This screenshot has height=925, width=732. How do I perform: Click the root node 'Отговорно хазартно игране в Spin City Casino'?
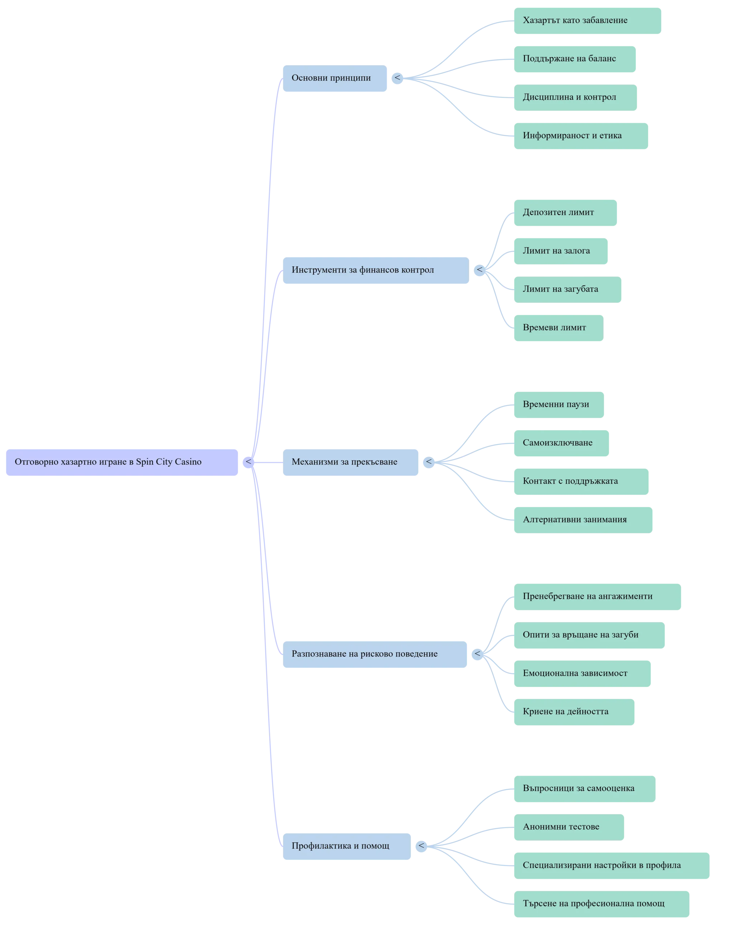click(123, 462)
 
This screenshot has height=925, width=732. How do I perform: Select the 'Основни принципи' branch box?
click(335, 78)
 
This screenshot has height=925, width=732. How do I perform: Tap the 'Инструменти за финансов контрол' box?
click(376, 270)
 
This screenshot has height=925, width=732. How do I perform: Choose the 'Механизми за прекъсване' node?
click(350, 462)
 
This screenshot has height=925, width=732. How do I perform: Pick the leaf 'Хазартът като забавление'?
click(587, 20)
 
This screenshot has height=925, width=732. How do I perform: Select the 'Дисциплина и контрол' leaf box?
click(575, 97)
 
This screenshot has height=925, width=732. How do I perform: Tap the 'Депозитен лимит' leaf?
click(565, 212)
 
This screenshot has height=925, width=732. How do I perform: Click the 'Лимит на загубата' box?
click(567, 289)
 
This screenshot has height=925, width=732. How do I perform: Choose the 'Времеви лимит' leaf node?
click(558, 328)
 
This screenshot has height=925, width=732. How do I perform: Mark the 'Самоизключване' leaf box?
click(561, 443)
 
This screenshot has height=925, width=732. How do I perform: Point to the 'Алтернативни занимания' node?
click(582, 520)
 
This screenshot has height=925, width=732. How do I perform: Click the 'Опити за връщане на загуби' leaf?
click(588, 635)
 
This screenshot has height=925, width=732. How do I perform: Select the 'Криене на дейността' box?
click(574, 712)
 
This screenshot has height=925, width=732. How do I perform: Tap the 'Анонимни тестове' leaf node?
click(568, 827)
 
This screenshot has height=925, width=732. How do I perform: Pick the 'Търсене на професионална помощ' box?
click(601, 904)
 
